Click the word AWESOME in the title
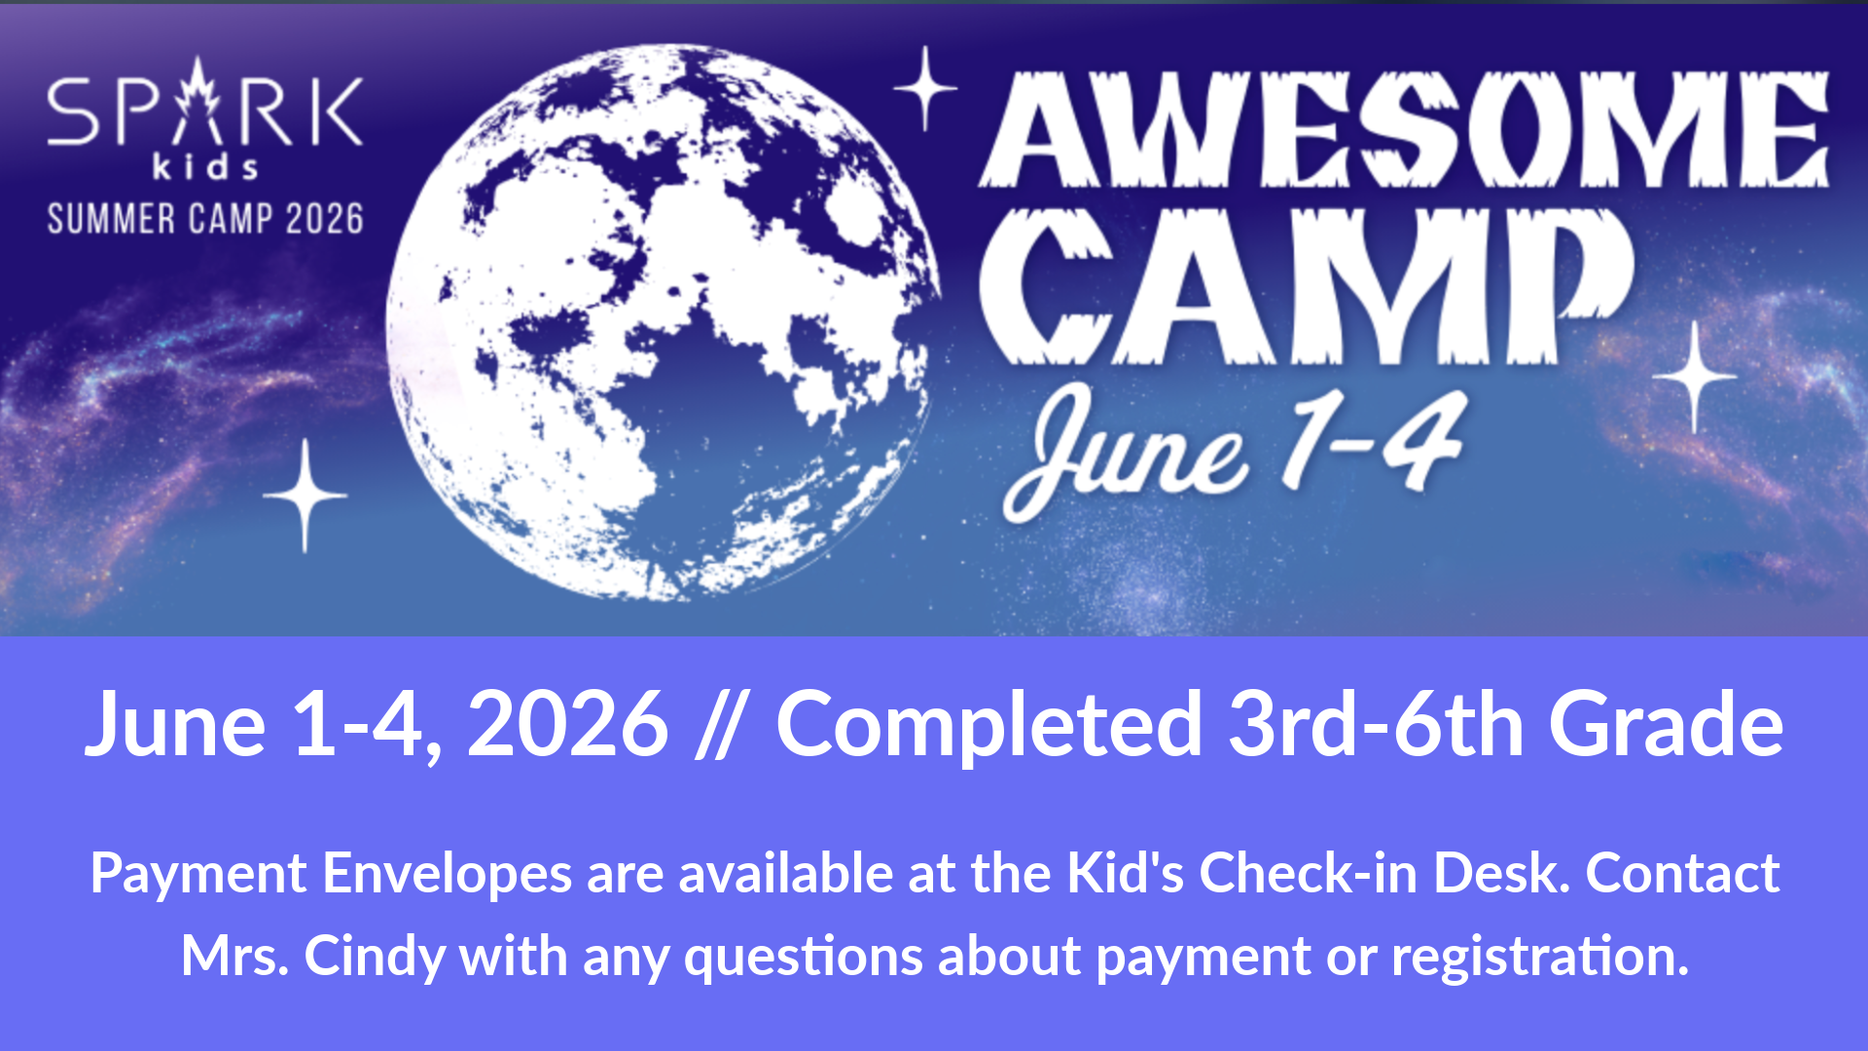pos(1404,128)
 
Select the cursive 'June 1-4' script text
pos(1234,451)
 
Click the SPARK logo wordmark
pos(205,105)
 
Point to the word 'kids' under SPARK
pos(205,166)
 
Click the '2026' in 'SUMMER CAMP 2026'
pos(325,219)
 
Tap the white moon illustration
pos(664,321)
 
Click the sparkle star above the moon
pos(925,89)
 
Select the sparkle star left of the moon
pos(305,496)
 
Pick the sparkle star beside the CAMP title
pos(1695,377)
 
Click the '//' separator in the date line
pos(721,724)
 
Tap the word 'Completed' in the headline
pos(988,725)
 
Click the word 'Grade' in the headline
pos(1667,724)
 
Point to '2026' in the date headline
pos(567,724)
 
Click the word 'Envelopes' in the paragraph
pos(447,873)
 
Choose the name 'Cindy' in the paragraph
pos(376,956)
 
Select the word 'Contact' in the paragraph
pos(1682,873)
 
